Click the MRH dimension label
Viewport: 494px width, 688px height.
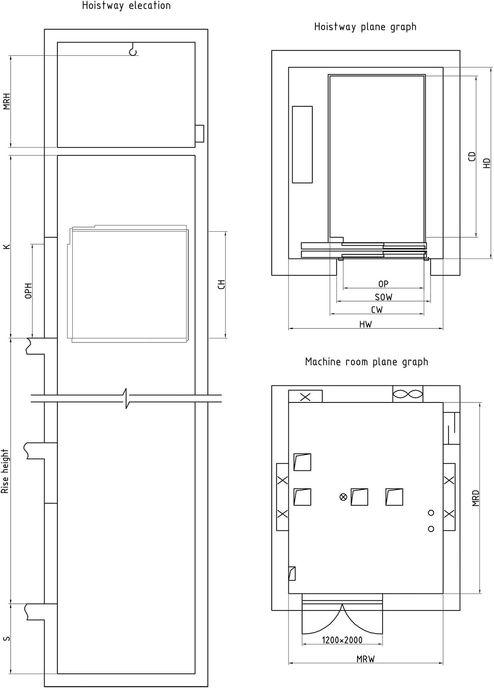point(6,101)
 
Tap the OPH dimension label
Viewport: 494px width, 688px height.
point(28,291)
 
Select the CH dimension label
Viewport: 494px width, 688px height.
point(222,284)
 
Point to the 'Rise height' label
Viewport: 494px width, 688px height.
point(5,471)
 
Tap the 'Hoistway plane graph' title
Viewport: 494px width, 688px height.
point(365,27)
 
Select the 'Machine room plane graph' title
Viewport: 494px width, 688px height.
point(366,362)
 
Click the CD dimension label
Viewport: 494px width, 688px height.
point(472,156)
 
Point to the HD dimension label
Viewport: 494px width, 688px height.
point(487,163)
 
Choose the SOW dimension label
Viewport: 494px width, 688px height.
point(383,297)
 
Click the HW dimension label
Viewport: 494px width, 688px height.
point(366,324)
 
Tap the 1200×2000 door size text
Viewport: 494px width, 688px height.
point(342,640)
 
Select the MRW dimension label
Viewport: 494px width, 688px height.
point(366,659)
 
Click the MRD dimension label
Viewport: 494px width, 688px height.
point(476,498)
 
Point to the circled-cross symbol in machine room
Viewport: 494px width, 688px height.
point(343,497)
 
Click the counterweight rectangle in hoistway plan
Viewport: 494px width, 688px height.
point(302,145)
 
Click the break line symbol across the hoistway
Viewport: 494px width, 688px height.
point(126,398)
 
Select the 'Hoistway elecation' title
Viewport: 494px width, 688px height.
point(127,6)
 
